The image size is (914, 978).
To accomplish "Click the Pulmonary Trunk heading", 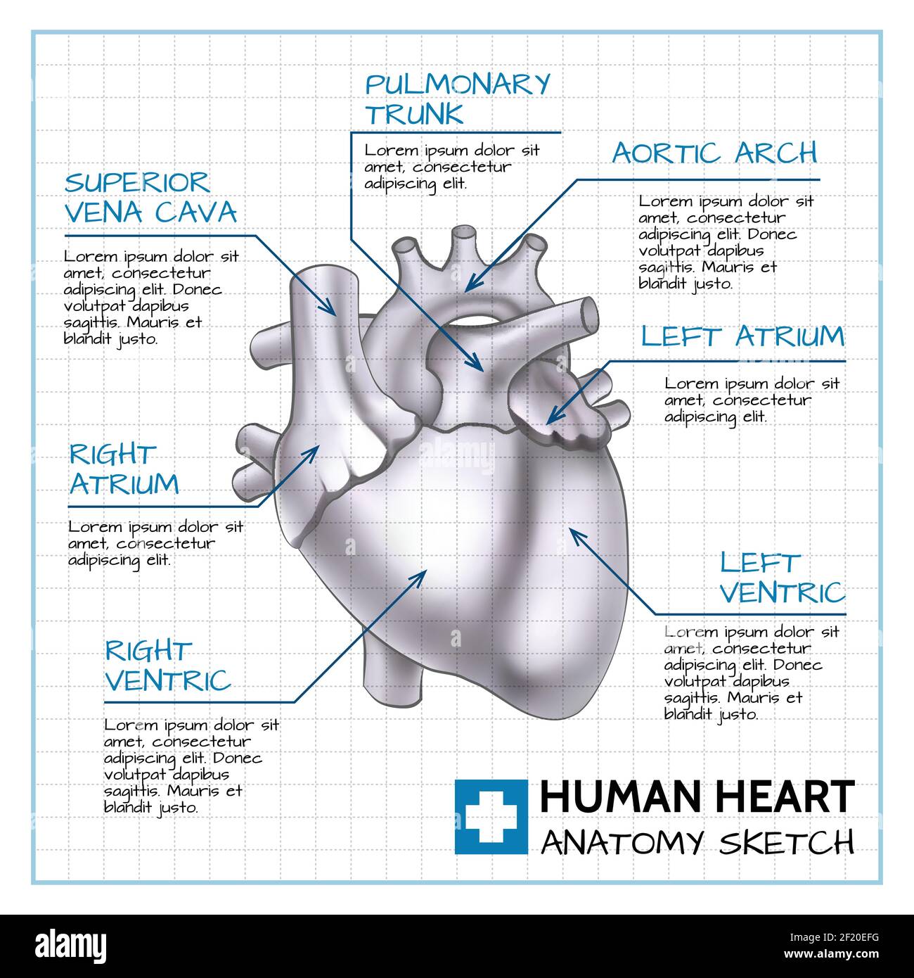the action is pyautogui.click(x=457, y=99).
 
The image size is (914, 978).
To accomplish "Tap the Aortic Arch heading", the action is pyautogui.click(x=714, y=153).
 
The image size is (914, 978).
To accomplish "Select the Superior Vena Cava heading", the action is pyautogui.click(x=150, y=198).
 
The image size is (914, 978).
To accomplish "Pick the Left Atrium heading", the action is pyautogui.click(x=742, y=336).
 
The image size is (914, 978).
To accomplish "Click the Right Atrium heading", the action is pyautogui.click(x=124, y=469).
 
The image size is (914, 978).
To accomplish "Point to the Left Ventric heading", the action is pyautogui.click(x=782, y=578).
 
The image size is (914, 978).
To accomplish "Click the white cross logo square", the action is pyautogui.click(x=491, y=816).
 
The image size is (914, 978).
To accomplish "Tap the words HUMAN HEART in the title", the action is pyautogui.click(x=697, y=797).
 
